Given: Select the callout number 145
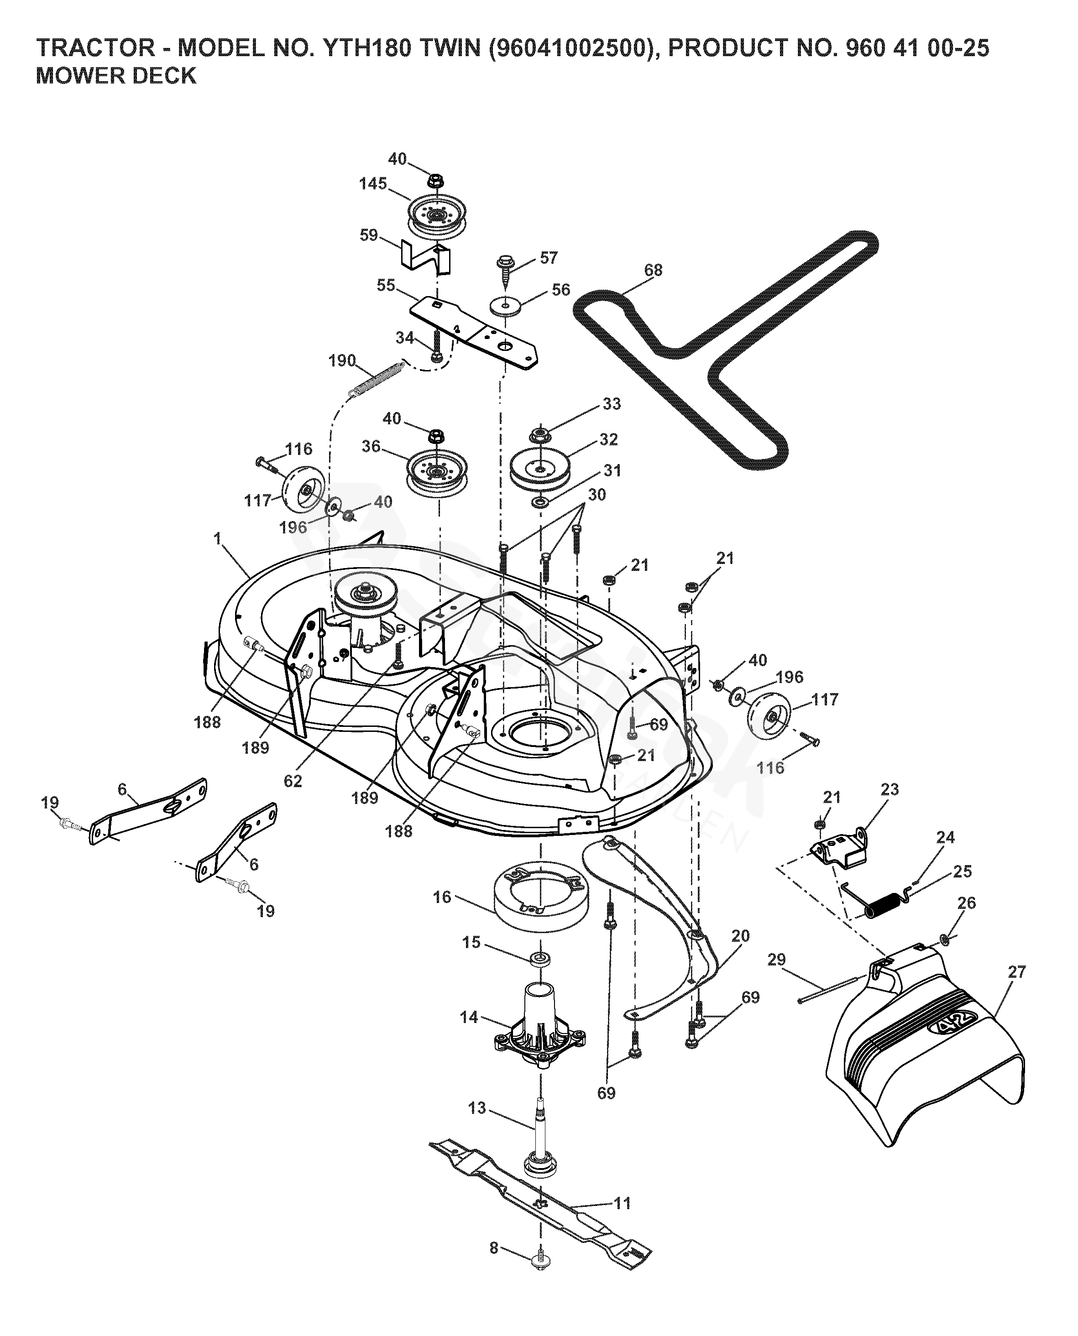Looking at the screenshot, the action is [372, 184].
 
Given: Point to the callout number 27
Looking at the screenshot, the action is [1016, 971].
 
